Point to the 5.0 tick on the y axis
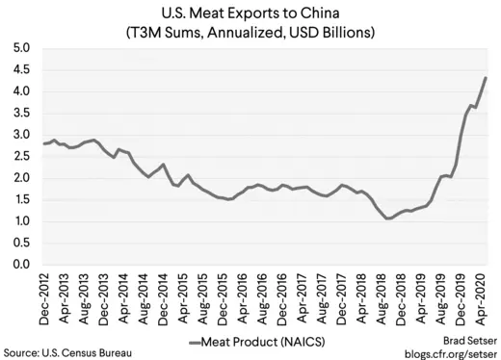[x=21, y=48]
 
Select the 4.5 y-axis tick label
[x=21, y=70]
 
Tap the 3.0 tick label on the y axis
[x=21, y=135]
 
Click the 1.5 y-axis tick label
[x=21, y=200]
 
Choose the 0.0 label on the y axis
[x=21, y=265]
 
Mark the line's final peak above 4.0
[x=486, y=78]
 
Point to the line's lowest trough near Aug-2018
[x=388, y=219]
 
